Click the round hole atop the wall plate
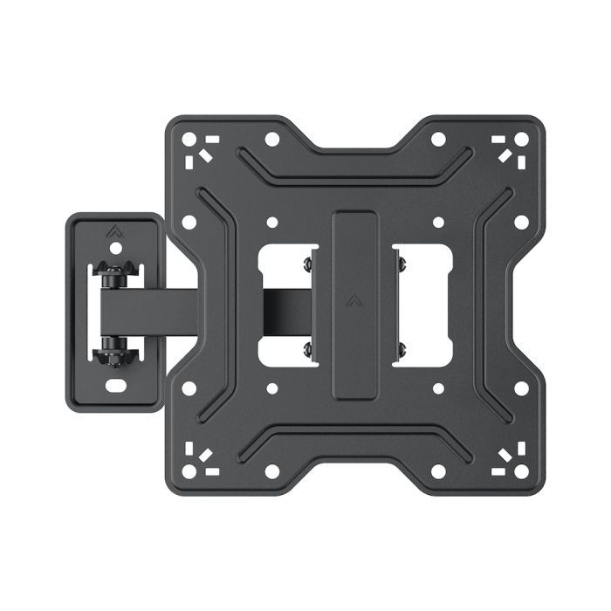(x=115, y=249)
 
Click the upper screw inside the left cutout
(x=307, y=261)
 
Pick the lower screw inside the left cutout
(x=307, y=349)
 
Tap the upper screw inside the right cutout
(x=401, y=261)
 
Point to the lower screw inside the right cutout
(x=401, y=349)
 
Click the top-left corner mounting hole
(x=188, y=138)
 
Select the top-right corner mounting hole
(x=521, y=138)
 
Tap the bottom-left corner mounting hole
(x=188, y=471)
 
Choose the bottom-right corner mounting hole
(x=521, y=471)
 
